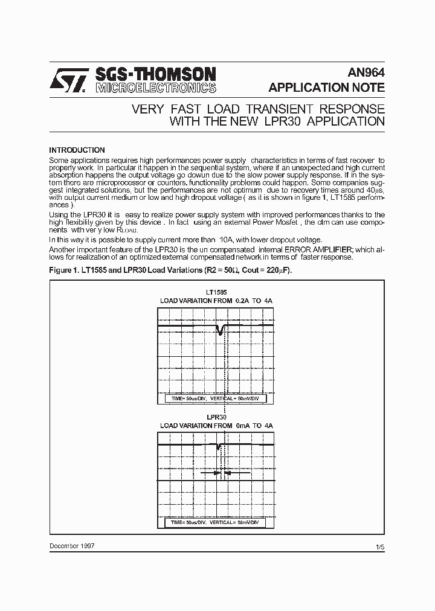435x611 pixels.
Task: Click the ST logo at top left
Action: pyautogui.click(x=68, y=79)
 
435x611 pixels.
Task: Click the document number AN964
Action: pyautogui.click(x=366, y=72)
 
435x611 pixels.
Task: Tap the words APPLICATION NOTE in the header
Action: pyautogui.click(x=326, y=88)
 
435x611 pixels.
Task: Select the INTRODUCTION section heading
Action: pyautogui.click(x=77, y=150)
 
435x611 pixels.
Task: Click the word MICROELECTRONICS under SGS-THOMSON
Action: pyautogui.click(x=155, y=88)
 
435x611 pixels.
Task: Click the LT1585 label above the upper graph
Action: pyautogui.click(x=216, y=292)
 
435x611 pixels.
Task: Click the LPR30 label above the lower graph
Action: pyautogui.click(x=216, y=417)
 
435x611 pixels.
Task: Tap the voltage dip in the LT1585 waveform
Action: pyautogui.click(x=220, y=330)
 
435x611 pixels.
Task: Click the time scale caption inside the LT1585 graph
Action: pyautogui.click(x=216, y=400)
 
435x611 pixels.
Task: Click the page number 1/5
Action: pyautogui.click(x=380, y=547)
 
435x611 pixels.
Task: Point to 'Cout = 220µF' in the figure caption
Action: pyautogui.click(x=267, y=270)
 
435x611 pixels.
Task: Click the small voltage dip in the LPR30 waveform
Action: pyautogui.click(x=218, y=447)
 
